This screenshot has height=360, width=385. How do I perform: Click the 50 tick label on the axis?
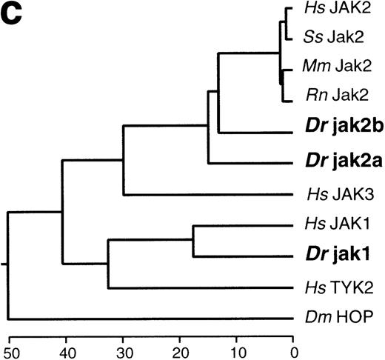tap(9, 350)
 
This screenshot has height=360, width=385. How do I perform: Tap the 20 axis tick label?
tap(179, 350)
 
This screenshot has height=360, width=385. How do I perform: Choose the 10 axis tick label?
tap(236, 350)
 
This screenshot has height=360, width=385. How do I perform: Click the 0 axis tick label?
tap(293, 350)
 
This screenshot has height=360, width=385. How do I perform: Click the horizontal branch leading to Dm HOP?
tap(148, 319)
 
